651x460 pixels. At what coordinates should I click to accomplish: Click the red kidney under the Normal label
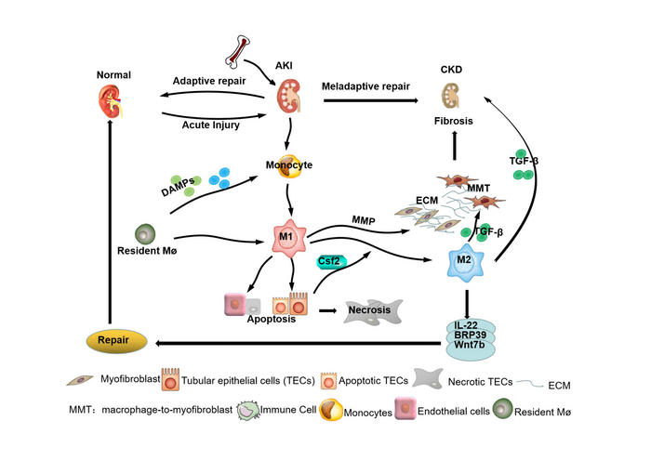coord(111,99)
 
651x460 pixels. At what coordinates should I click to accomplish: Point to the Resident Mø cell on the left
coord(145,233)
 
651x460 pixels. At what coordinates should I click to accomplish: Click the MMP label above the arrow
coord(364,219)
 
